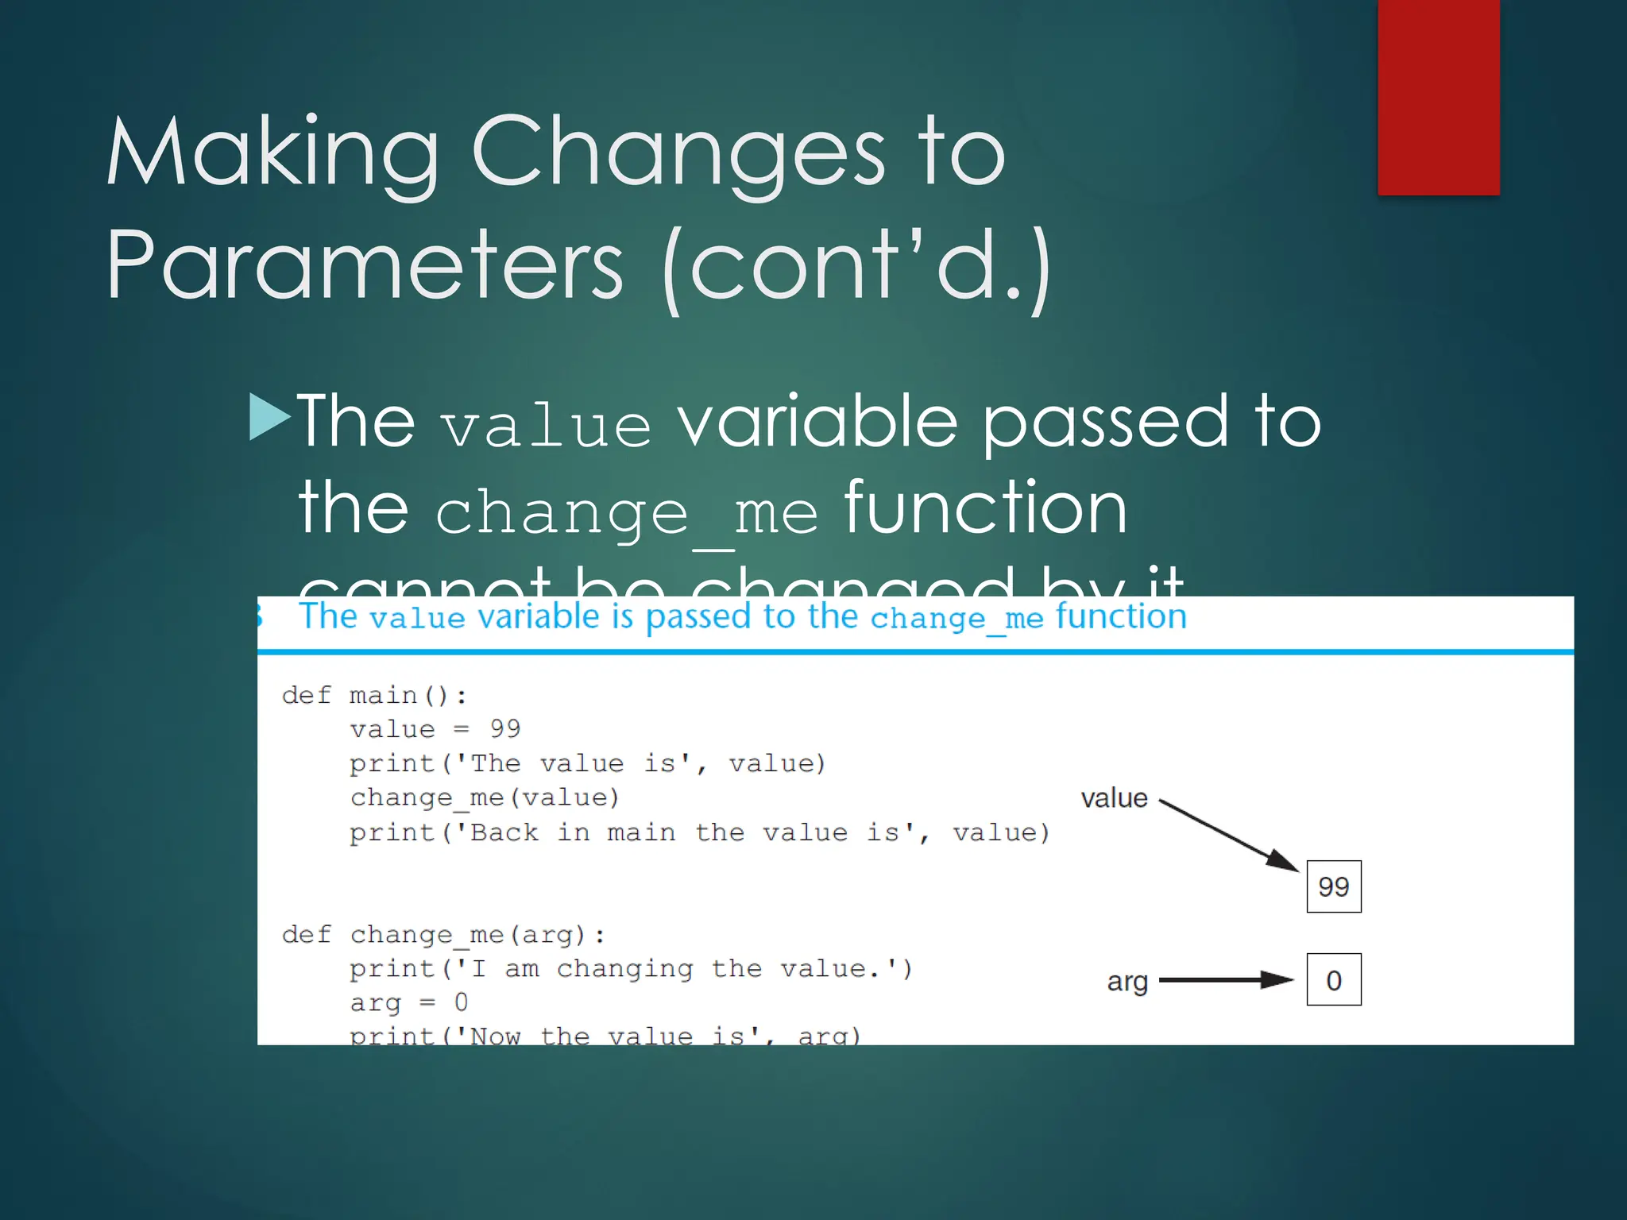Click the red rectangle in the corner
coord(1438,97)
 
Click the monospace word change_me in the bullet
coord(626,512)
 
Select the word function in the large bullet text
coord(985,508)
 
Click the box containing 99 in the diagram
coord(1333,886)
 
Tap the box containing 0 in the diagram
coord(1333,979)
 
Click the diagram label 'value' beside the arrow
coord(1114,798)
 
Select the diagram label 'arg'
coord(1127,982)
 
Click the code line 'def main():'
coord(374,696)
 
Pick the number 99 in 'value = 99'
coord(504,728)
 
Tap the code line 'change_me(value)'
coord(484,797)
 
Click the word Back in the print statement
coord(504,832)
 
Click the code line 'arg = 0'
coord(408,1002)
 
